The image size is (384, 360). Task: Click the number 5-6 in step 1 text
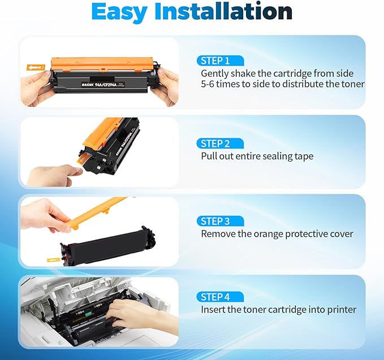click(x=211, y=84)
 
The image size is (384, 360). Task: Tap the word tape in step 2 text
click(x=303, y=157)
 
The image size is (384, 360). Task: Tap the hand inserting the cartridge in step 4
click(x=136, y=314)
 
